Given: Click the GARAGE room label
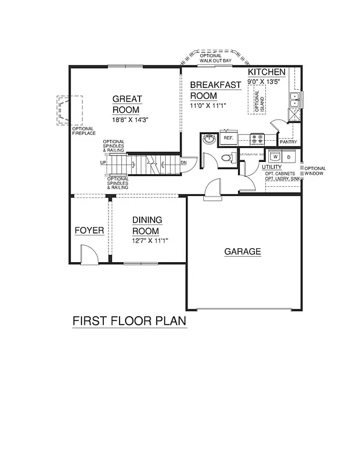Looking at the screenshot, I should click(x=242, y=251).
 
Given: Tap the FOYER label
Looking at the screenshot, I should click(x=89, y=231).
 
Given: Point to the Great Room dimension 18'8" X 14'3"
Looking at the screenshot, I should click(x=131, y=120).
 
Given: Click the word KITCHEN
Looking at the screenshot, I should click(x=267, y=73).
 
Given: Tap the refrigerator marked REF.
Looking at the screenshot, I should click(x=228, y=138).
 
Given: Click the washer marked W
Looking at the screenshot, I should click(x=274, y=156).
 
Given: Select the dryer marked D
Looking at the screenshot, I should click(x=288, y=156).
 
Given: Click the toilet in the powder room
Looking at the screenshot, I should click(x=226, y=158).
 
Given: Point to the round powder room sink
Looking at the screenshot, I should click(x=209, y=139).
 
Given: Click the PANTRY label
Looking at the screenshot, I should click(x=288, y=142).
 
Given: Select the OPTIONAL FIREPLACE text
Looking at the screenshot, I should click(x=84, y=131).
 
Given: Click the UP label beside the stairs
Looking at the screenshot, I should click(x=103, y=163).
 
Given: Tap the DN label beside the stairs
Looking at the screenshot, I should click(x=183, y=163).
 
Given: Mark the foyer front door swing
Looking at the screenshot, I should click(x=87, y=254).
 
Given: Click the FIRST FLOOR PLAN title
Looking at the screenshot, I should click(x=129, y=320).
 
